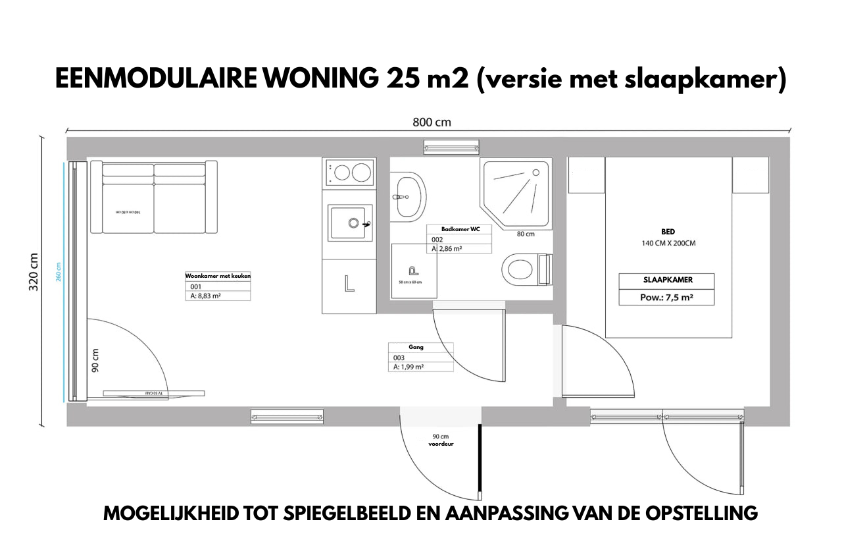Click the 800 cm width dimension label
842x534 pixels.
point(432,122)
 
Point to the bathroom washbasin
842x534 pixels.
point(408,196)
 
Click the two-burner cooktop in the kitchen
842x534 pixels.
point(349,173)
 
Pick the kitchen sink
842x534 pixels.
point(349,223)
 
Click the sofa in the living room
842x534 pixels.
point(154,198)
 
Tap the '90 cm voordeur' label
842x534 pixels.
point(440,440)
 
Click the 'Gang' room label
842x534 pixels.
point(416,346)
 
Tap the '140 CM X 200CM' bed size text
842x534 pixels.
point(668,243)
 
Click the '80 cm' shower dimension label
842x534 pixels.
point(525,234)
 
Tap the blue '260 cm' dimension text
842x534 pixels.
point(59,271)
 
